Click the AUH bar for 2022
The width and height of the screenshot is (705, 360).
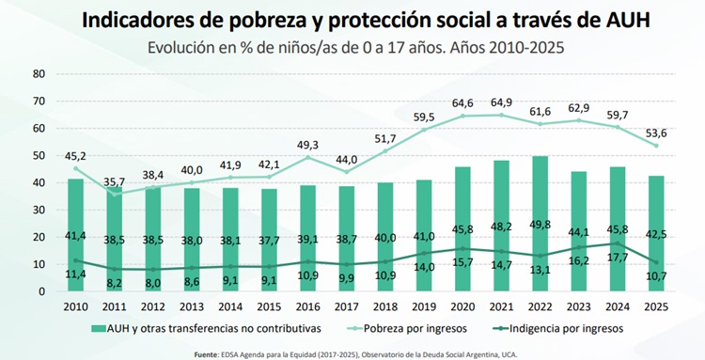pyautogui.click(x=540, y=224)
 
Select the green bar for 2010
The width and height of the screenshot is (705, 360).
pyautogui.click(x=75, y=235)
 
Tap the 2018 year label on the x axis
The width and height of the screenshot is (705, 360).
pyautogui.click(x=385, y=307)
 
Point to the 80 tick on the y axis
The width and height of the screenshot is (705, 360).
pyautogui.click(x=39, y=73)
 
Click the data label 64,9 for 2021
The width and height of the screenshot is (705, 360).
pyautogui.click(x=501, y=102)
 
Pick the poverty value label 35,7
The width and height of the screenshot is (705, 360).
pyautogui.click(x=114, y=182)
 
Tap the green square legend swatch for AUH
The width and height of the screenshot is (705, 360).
pyautogui.click(x=98, y=329)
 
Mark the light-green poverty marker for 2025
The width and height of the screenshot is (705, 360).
pyautogui.click(x=656, y=146)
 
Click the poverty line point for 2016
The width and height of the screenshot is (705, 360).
pyautogui.click(x=308, y=157)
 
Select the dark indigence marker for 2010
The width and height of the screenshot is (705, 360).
pyautogui.click(x=75, y=260)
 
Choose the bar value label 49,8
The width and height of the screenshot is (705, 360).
pyautogui.click(x=540, y=225)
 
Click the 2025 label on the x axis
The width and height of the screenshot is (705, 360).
pyautogui.click(x=656, y=307)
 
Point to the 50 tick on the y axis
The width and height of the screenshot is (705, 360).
pyautogui.click(x=39, y=155)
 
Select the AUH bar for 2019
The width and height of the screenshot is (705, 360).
pyautogui.click(x=424, y=236)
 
